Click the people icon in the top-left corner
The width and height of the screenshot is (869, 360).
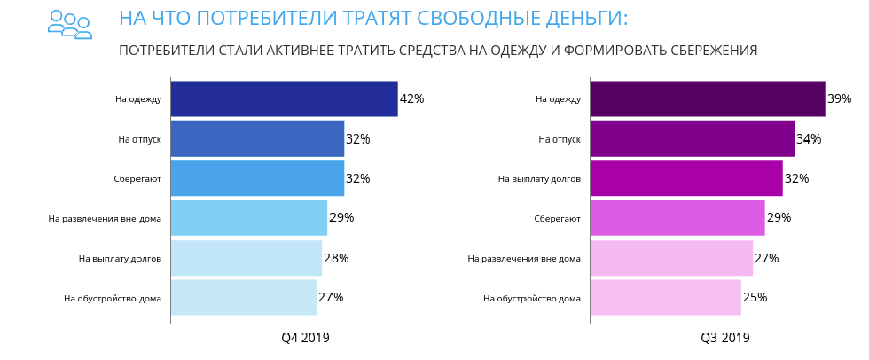[x=70, y=24]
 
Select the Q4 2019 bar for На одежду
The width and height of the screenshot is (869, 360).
[x=284, y=98]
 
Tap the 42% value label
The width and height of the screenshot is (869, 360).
[x=411, y=98]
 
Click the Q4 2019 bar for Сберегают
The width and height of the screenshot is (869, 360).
[x=257, y=178]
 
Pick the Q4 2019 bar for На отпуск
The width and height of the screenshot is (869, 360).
[x=257, y=138]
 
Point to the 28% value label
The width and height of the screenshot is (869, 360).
[x=336, y=258]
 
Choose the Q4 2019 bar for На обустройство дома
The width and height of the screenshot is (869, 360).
[x=243, y=297]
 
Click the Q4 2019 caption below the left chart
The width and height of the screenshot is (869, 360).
[x=305, y=338]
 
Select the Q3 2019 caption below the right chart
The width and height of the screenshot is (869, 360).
[x=724, y=338]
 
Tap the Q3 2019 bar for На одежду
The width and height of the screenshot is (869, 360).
[x=707, y=98]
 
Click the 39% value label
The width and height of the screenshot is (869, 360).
[x=839, y=98]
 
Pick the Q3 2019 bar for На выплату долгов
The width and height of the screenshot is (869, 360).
[x=685, y=178]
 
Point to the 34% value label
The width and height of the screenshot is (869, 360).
[x=809, y=139]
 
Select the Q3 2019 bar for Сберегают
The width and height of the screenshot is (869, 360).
[x=677, y=217]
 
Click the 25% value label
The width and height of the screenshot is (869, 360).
[x=755, y=297]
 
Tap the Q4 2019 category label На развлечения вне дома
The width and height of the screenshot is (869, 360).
[x=105, y=218]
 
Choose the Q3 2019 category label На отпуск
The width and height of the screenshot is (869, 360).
[x=560, y=139]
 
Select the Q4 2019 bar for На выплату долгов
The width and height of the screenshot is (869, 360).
[x=246, y=258]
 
